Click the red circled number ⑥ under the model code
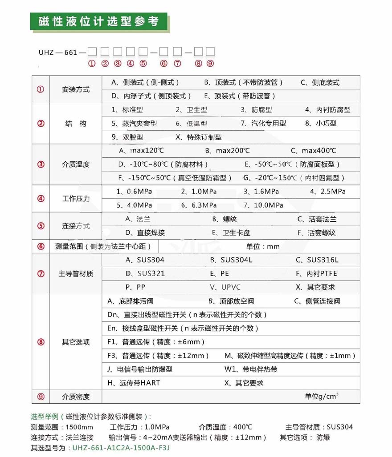coord(163,63)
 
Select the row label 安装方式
coord(75,89)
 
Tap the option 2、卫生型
coord(191,110)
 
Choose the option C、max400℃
coord(313,151)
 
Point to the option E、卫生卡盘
coord(231,233)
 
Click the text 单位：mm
coord(263,246)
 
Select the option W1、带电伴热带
coord(251,369)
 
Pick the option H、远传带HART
coord(134,383)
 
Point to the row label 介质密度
coord(75,397)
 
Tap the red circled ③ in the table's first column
coord(41,164)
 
